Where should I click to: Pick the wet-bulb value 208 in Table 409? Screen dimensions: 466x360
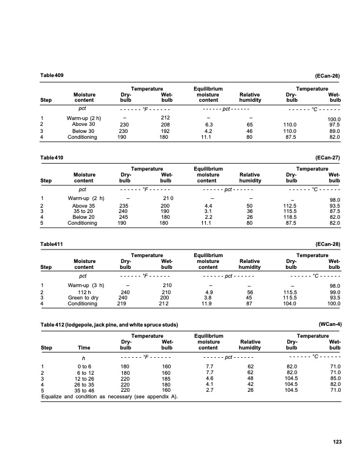pos(166,125)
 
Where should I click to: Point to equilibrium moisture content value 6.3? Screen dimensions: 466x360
pos(208,125)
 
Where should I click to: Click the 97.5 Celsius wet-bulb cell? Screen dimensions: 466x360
pos(334,125)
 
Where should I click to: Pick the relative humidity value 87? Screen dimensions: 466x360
pos(250,304)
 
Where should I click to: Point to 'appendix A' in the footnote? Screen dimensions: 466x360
pos(162,397)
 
